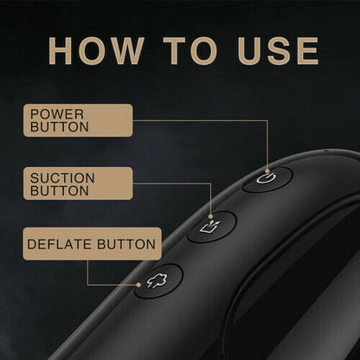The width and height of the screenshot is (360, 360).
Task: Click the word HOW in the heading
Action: point(96,51)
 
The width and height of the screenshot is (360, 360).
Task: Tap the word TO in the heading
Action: point(190,51)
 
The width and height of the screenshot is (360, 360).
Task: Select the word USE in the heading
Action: point(278,51)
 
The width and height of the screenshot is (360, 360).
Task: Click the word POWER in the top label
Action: point(57,114)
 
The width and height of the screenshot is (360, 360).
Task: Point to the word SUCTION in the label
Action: point(62,178)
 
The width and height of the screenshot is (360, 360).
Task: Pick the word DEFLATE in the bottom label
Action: point(59,244)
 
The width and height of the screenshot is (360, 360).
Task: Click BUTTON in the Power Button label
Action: point(60,127)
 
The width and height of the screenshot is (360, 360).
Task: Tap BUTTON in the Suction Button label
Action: point(60,190)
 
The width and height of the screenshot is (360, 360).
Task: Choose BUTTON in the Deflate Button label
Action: point(126,244)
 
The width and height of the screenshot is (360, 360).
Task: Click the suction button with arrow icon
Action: point(212,227)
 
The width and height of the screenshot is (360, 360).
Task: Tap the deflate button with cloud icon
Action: point(158,280)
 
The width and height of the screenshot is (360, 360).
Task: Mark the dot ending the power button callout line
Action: point(267,170)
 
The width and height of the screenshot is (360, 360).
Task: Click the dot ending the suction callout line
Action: point(210,216)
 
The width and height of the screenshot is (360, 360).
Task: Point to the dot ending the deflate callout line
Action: point(138,285)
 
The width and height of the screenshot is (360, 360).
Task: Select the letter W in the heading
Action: point(127,51)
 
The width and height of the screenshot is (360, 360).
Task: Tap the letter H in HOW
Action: point(60,51)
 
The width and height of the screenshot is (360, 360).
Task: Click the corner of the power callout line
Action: point(267,120)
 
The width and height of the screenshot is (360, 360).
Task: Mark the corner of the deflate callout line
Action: point(87,285)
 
